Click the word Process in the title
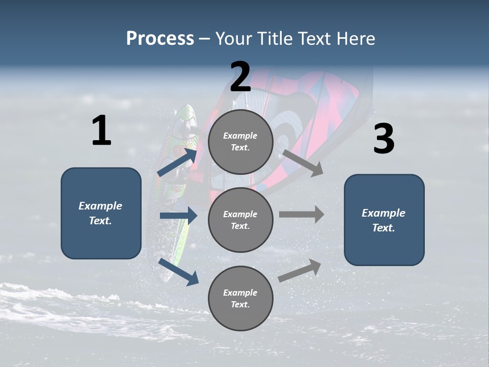coord(160,39)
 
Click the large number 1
coord(101,131)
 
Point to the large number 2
coord(240,77)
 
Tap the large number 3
coord(384,140)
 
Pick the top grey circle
coord(240,142)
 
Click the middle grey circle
coord(240,220)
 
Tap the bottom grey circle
coord(240,299)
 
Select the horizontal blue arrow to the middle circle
coord(178,216)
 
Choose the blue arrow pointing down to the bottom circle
coord(178,271)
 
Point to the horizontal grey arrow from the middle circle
coord(301,214)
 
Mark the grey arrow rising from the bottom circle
coord(300,271)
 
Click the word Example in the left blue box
coord(100,206)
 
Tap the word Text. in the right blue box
coord(384,228)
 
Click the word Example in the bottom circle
coord(240,293)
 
